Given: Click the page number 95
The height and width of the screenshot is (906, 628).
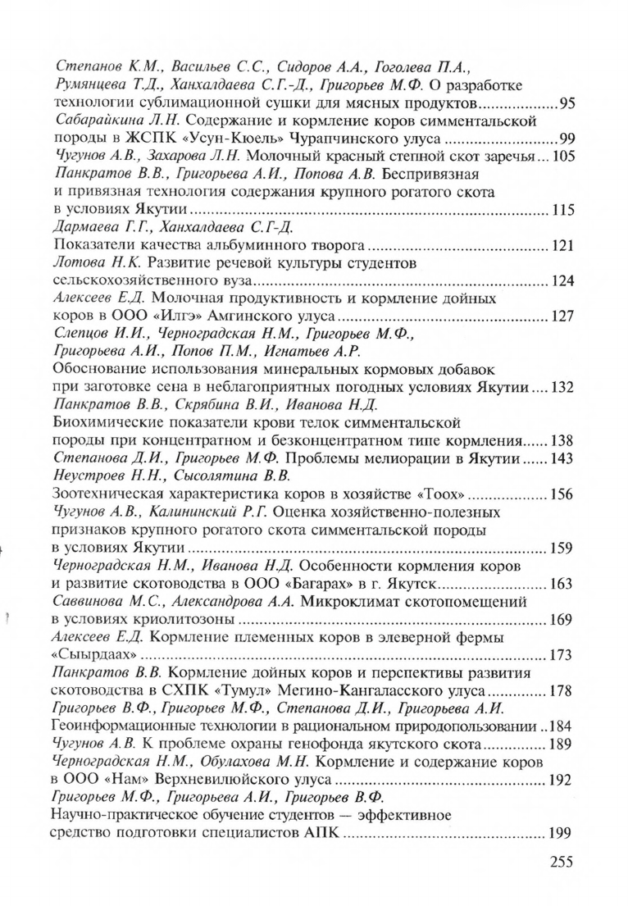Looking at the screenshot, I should (566, 103).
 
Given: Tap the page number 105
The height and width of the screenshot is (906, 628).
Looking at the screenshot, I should (561, 156).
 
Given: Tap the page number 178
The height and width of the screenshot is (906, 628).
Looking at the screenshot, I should (561, 690).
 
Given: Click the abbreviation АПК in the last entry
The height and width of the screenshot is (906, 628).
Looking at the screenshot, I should (321, 832).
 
